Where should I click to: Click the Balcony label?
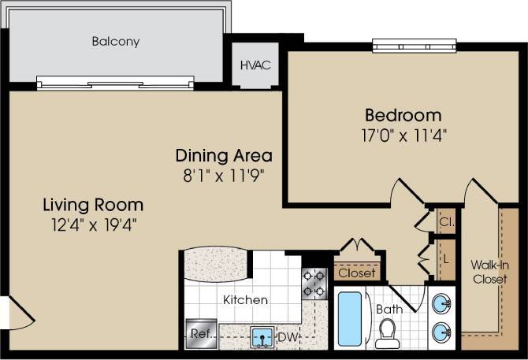click(x=115, y=42)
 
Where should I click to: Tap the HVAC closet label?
click(x=255, y=65)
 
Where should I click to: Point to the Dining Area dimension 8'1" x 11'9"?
click(x=224, y=173)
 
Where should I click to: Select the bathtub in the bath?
click(x=350, y=319)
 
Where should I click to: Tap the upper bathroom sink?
click(x=442, y=303)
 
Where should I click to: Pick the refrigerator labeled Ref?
click(x=199, y=333)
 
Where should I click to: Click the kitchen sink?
click(x=262, y=337)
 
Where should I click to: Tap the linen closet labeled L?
click(x=445, y=258)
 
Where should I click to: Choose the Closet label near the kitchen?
click(x=357, y=273)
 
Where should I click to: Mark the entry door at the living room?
click(x=17, y=315)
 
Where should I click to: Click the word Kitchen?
click(x=245, y=300)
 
